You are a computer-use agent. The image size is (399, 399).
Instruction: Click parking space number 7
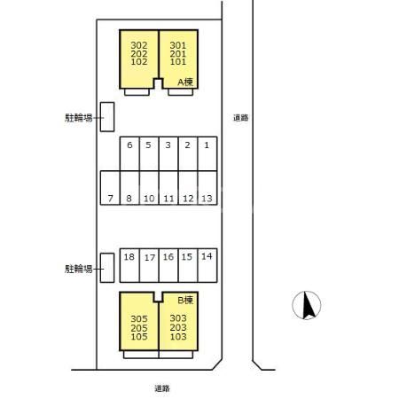click(110, 188)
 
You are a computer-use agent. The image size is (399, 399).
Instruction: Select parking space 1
click(207, 153)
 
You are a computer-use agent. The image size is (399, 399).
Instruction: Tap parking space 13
click(207, 188)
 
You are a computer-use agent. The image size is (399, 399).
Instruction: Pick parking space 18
click(129, 265)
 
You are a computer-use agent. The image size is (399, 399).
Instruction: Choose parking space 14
click(207, 265)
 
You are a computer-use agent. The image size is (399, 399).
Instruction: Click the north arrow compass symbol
click(307, 305)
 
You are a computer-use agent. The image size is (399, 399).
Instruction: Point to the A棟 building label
click(185, 82)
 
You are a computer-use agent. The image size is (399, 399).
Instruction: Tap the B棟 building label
click(185, 301)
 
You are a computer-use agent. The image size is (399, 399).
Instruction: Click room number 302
click(139, 45)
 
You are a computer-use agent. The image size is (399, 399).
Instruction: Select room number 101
click(178, 62)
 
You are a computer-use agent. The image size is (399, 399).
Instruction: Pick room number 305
click(139, 319)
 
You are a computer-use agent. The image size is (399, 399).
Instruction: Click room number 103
click(178, 336)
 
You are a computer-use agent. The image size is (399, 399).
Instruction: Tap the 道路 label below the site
click(162, 388)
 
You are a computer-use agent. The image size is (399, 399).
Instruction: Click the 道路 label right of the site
click(241, 118)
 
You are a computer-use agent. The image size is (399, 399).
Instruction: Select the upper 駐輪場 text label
click(79, 118)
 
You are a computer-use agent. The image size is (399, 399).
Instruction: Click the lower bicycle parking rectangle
click(107, 268)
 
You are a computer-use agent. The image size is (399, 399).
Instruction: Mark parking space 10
click(149, 188)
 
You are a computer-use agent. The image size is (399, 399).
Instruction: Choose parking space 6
click(129, 153)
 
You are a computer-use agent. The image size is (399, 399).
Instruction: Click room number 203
click(178, 327)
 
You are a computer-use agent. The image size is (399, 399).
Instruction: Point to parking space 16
click(168, 265)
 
